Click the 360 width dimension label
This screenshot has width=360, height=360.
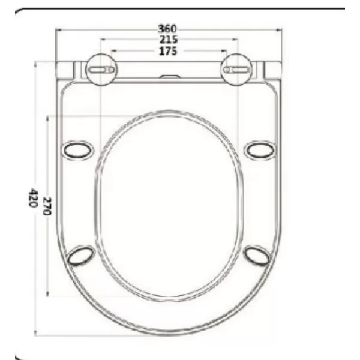(168, 29)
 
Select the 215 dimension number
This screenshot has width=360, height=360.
(169, 40)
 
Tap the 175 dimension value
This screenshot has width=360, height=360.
(168, 51)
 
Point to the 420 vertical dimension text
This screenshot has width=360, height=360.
(32, 197)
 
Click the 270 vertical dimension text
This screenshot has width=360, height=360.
(47, 206)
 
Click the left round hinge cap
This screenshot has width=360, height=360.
(101, 70)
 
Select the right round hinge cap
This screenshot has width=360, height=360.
(236, 70)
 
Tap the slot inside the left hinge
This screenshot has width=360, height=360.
(101, 70)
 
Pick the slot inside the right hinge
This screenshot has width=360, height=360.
(236, 70)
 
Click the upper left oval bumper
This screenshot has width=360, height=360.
(78, 150)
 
